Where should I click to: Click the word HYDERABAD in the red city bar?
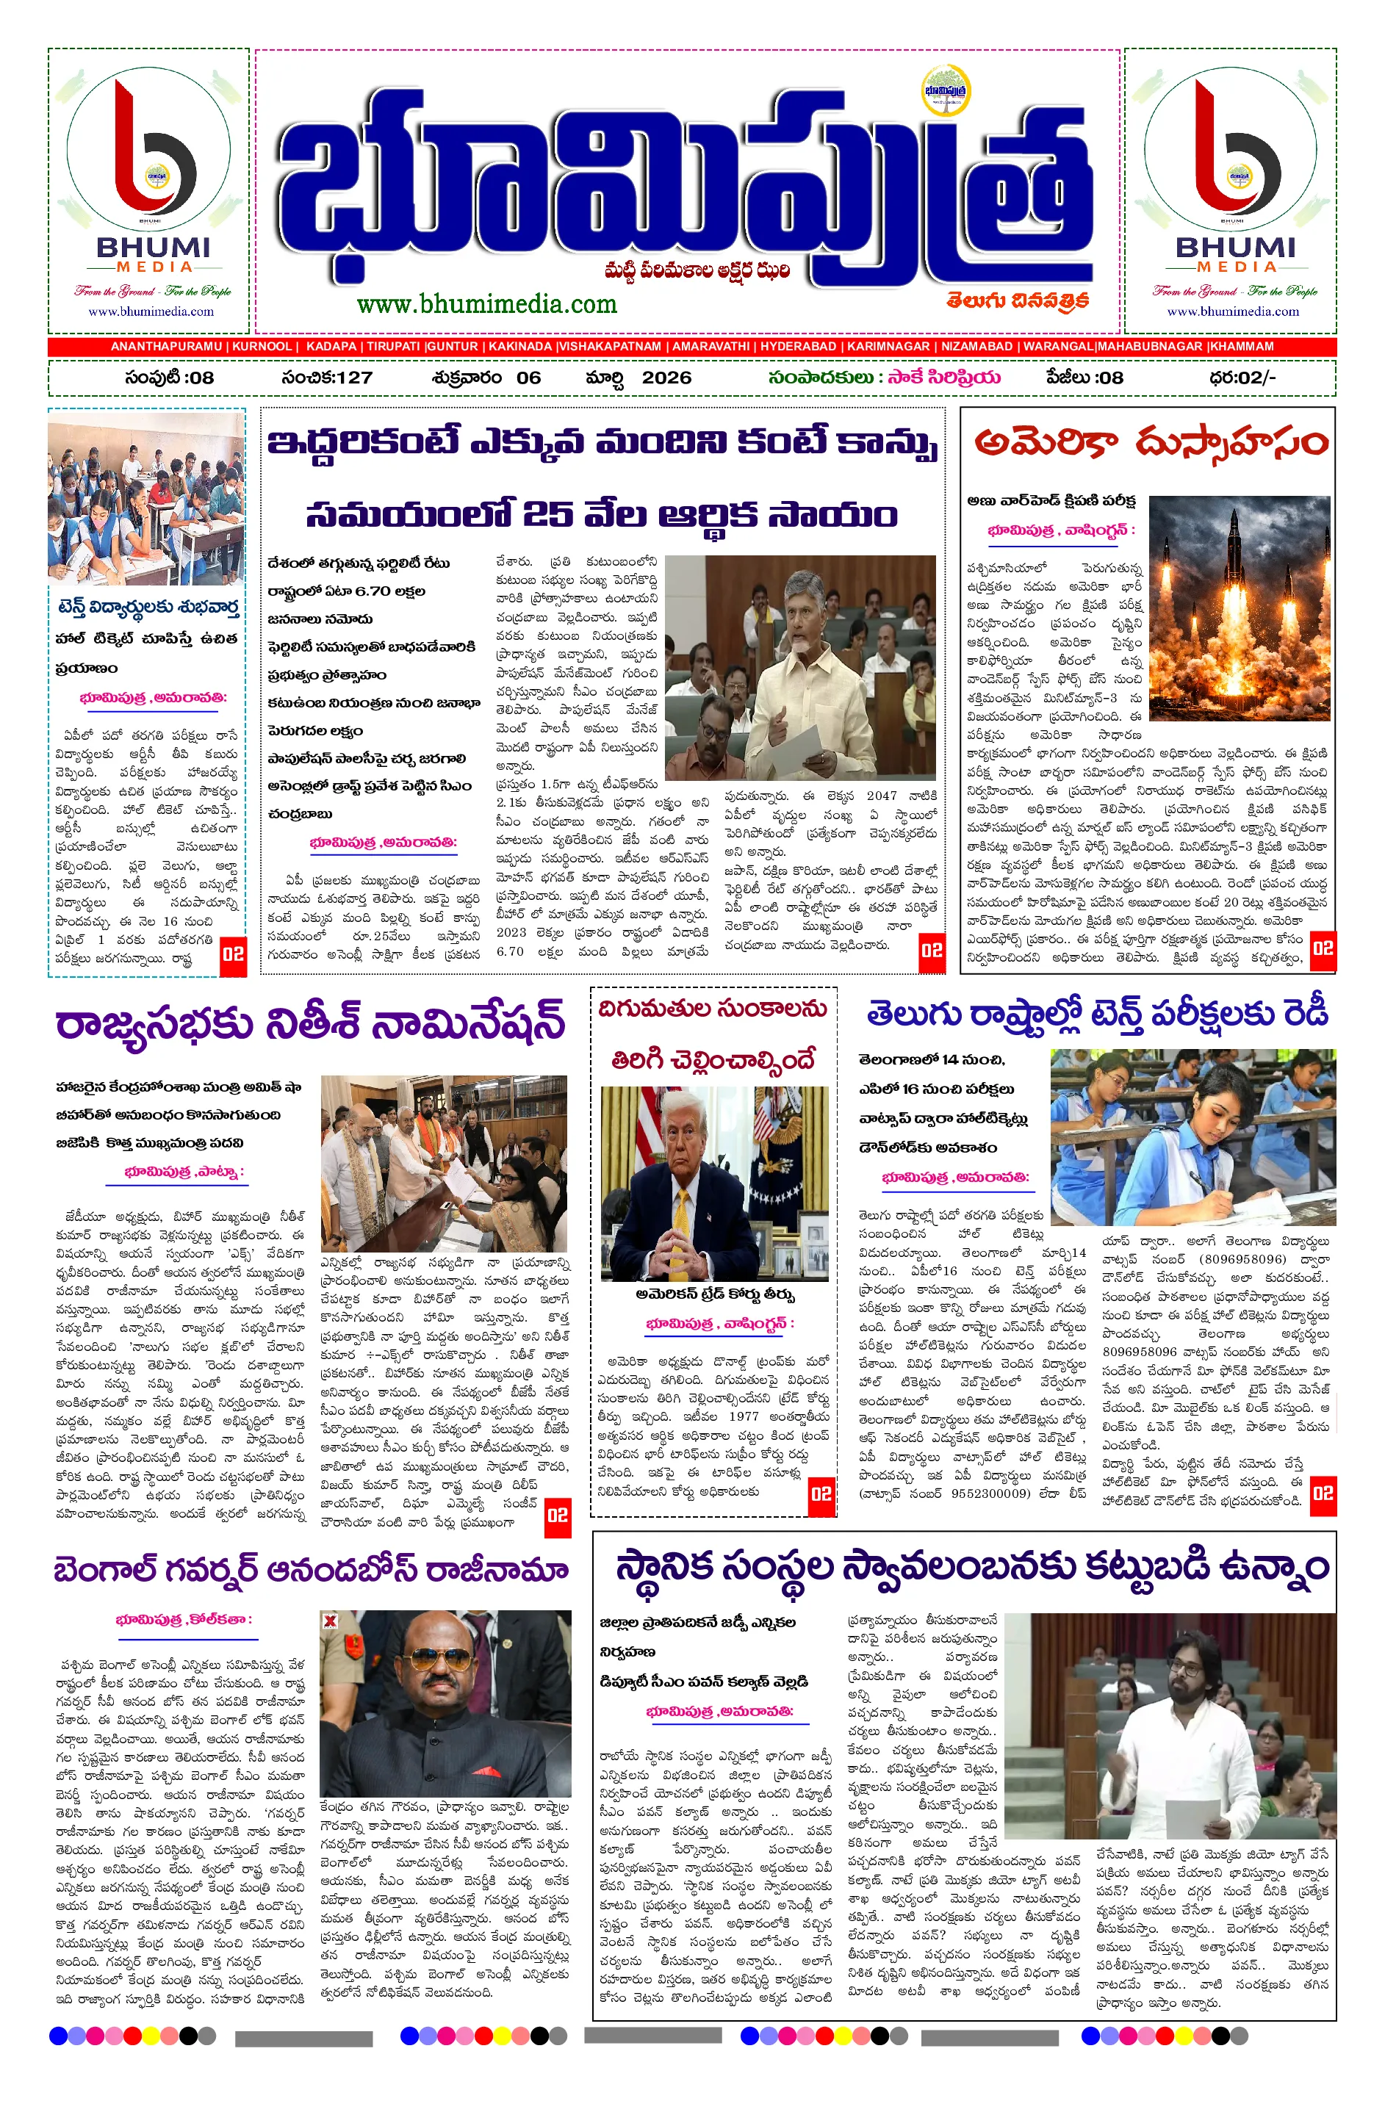[x=798, y=346]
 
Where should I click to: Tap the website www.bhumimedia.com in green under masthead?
[x=486, y=305]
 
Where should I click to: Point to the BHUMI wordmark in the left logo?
[x=154, y=248]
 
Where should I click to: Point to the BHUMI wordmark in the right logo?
[x=1235, y=248]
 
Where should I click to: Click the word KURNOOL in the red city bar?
[x=262, y=346]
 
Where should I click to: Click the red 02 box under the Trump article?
[x=821, y=1493]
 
